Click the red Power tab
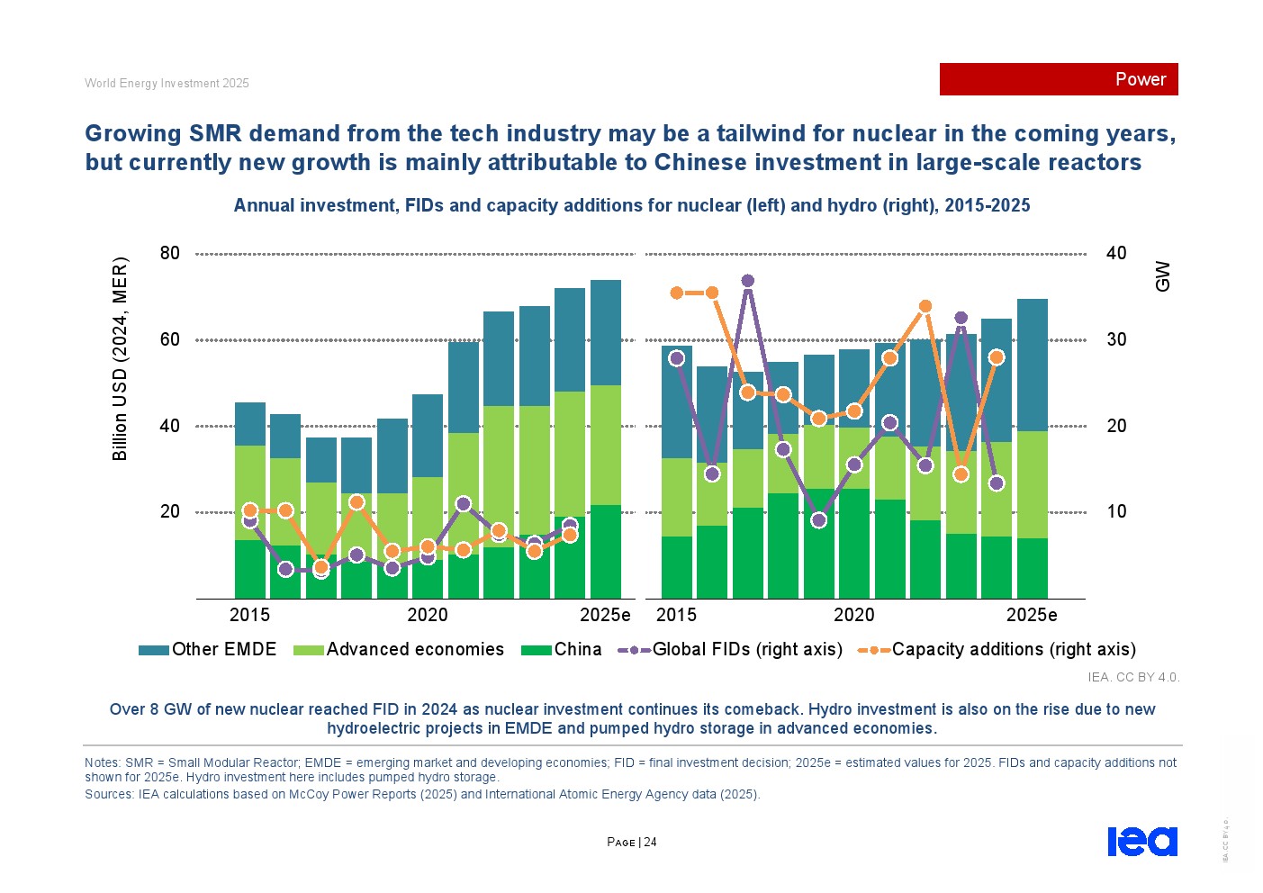(1059, 79)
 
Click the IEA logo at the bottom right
(1141, 842)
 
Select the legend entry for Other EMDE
(208, 650)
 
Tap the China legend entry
(562, 650)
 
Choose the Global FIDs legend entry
(730, 650)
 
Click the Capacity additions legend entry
(997, 650)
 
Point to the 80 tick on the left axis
(170, 254)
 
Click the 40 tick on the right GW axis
(1116, 254)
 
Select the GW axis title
(1162, 276)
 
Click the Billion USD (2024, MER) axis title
(120, 359)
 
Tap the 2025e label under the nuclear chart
(605, 615)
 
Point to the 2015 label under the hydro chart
(676, 615)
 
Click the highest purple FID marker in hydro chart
(747, 281)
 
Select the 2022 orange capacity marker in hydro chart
(925, 307)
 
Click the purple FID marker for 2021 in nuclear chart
(464, 504)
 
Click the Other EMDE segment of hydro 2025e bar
(1032, 365)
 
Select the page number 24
(650, 843)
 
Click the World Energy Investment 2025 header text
(167, 84)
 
